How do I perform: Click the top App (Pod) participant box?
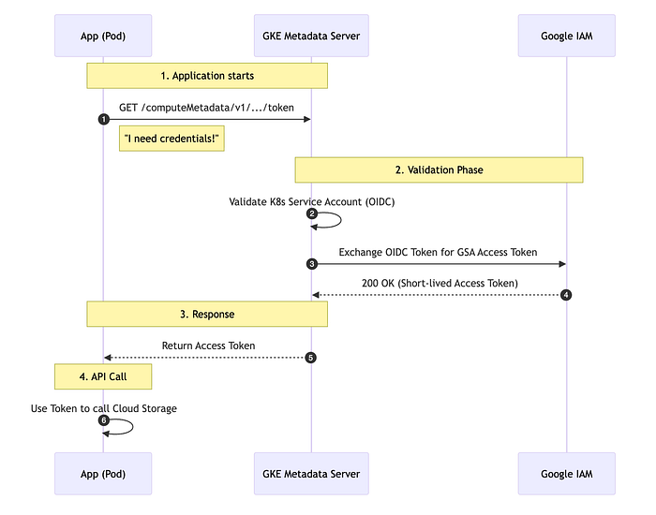103,37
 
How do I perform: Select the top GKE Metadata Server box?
311,37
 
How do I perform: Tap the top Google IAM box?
566,37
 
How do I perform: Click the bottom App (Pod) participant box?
103,475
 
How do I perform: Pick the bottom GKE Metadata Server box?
311,475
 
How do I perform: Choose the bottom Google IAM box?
566,475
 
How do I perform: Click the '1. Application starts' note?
207,76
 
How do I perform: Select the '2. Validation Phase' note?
439,169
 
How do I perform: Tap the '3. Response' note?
207,314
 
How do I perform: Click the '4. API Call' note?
103,377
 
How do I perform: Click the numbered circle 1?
103,119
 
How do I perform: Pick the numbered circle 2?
311,214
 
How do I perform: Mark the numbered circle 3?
311,264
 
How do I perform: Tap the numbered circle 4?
566,295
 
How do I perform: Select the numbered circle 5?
311,358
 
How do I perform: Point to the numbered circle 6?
103,420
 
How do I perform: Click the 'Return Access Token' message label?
208,346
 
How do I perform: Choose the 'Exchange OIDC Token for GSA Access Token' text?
439,252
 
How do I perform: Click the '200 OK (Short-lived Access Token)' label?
439,283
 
